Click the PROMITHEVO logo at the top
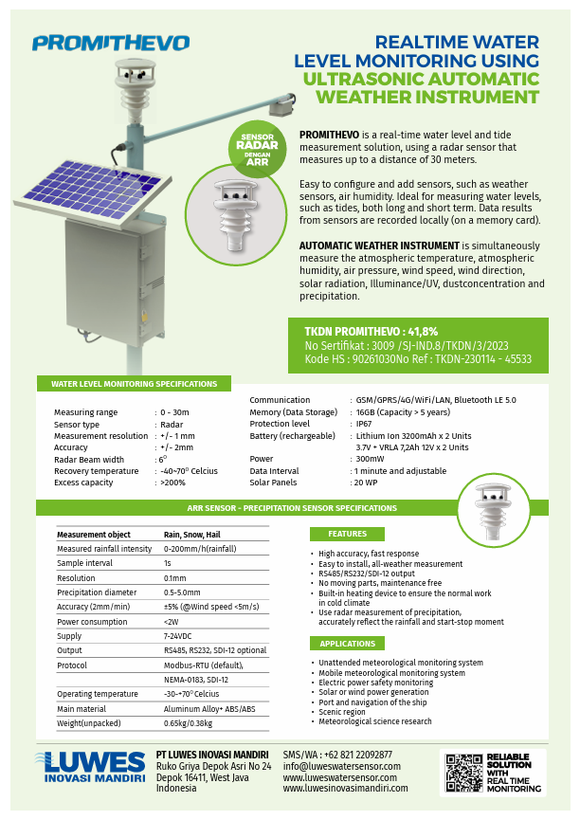tap(110, 43)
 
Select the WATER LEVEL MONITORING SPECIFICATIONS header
tap(133, 384)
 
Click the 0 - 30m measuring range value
tap(175, 412)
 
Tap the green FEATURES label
tap(347, 534)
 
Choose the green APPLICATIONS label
tap(347, 644)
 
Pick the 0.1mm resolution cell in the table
tap(175, 577)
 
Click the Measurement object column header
tap(94, 535)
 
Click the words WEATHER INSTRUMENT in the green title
tap(427, 96)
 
